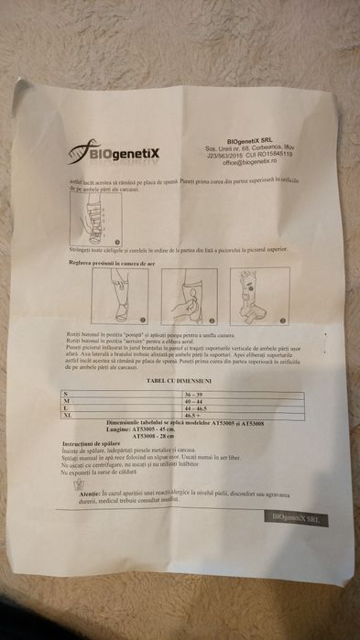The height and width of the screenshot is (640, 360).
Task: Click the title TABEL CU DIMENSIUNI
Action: click(x=179, y=380)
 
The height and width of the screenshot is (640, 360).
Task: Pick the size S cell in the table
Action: click(x=64, y=393)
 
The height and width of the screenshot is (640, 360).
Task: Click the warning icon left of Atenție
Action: click(x=80, y=485)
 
